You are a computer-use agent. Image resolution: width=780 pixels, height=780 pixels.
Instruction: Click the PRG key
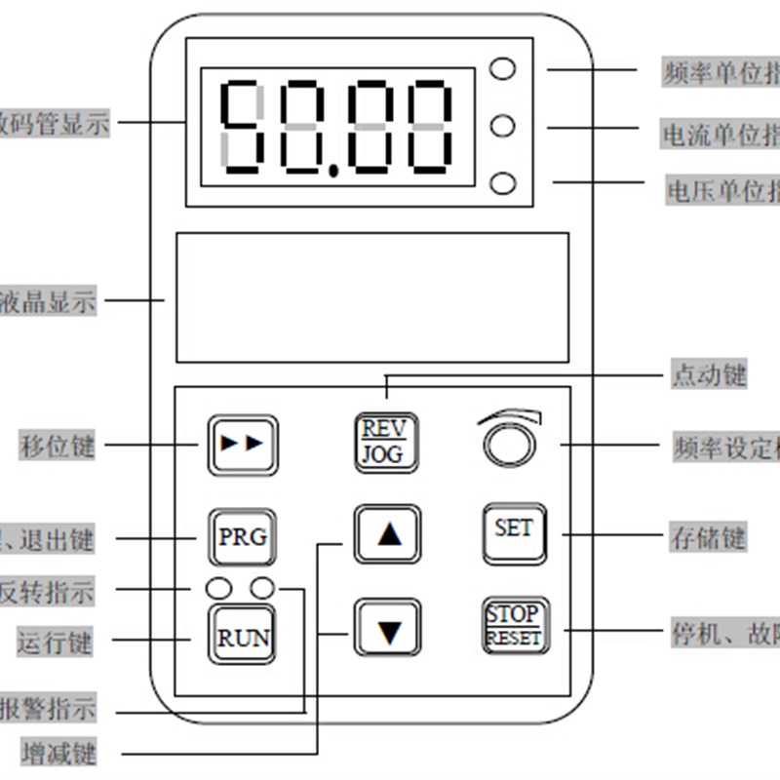[x=243, y=536]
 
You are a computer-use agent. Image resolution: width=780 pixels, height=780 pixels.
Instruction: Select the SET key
[x=514, y=530]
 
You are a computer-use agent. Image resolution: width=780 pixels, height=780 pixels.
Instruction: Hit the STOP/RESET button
[x=514, y=625]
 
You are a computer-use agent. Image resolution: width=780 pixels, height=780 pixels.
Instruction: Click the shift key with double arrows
[x=243, y=445]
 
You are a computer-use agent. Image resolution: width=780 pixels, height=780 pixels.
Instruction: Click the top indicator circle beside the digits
[x=503, y=68]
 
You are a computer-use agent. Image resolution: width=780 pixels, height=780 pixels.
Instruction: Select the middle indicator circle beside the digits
[x=503, y=126]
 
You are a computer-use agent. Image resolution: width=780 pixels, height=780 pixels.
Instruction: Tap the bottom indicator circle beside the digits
[x=503, y=183]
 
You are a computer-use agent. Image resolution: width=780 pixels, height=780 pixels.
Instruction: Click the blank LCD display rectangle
[x=371, y=296]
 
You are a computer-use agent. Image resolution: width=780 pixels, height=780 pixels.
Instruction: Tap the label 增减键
[x=58, y=753]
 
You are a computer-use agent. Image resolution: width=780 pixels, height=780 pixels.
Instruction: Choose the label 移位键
[x=58, y=447]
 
